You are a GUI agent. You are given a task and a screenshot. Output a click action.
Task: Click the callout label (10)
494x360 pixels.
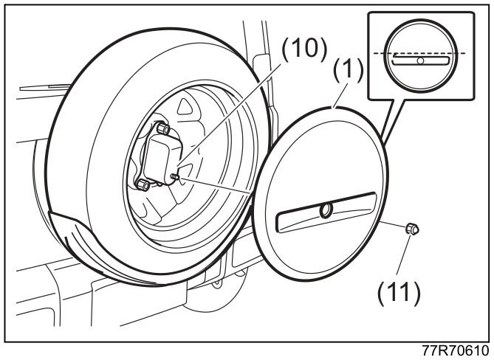[304, 49]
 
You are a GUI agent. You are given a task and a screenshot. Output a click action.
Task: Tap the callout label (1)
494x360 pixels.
[348, 69]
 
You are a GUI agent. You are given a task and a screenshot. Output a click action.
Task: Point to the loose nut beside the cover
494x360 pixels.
[412, 229]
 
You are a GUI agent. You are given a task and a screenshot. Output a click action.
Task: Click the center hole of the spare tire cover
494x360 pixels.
[326, 210]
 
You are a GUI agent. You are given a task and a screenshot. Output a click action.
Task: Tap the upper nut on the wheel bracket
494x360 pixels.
[163, 128]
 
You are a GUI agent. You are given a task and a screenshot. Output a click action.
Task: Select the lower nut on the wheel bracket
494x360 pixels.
[143, 184]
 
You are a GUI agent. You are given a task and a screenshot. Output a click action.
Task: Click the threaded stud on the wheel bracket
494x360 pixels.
[175, 177]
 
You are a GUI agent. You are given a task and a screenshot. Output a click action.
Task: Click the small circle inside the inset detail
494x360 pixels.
[420, 60]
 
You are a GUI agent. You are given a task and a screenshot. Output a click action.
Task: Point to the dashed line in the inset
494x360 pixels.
[419, 53]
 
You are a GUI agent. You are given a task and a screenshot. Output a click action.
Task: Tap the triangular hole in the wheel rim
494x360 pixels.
[185, 107]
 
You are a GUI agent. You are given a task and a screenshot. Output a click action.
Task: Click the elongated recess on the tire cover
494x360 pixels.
[326, 212]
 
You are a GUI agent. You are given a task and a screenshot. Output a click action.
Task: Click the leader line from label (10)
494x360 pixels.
[229, 114]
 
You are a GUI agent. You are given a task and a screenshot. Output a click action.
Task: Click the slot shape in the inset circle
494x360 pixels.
[420, 60]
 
